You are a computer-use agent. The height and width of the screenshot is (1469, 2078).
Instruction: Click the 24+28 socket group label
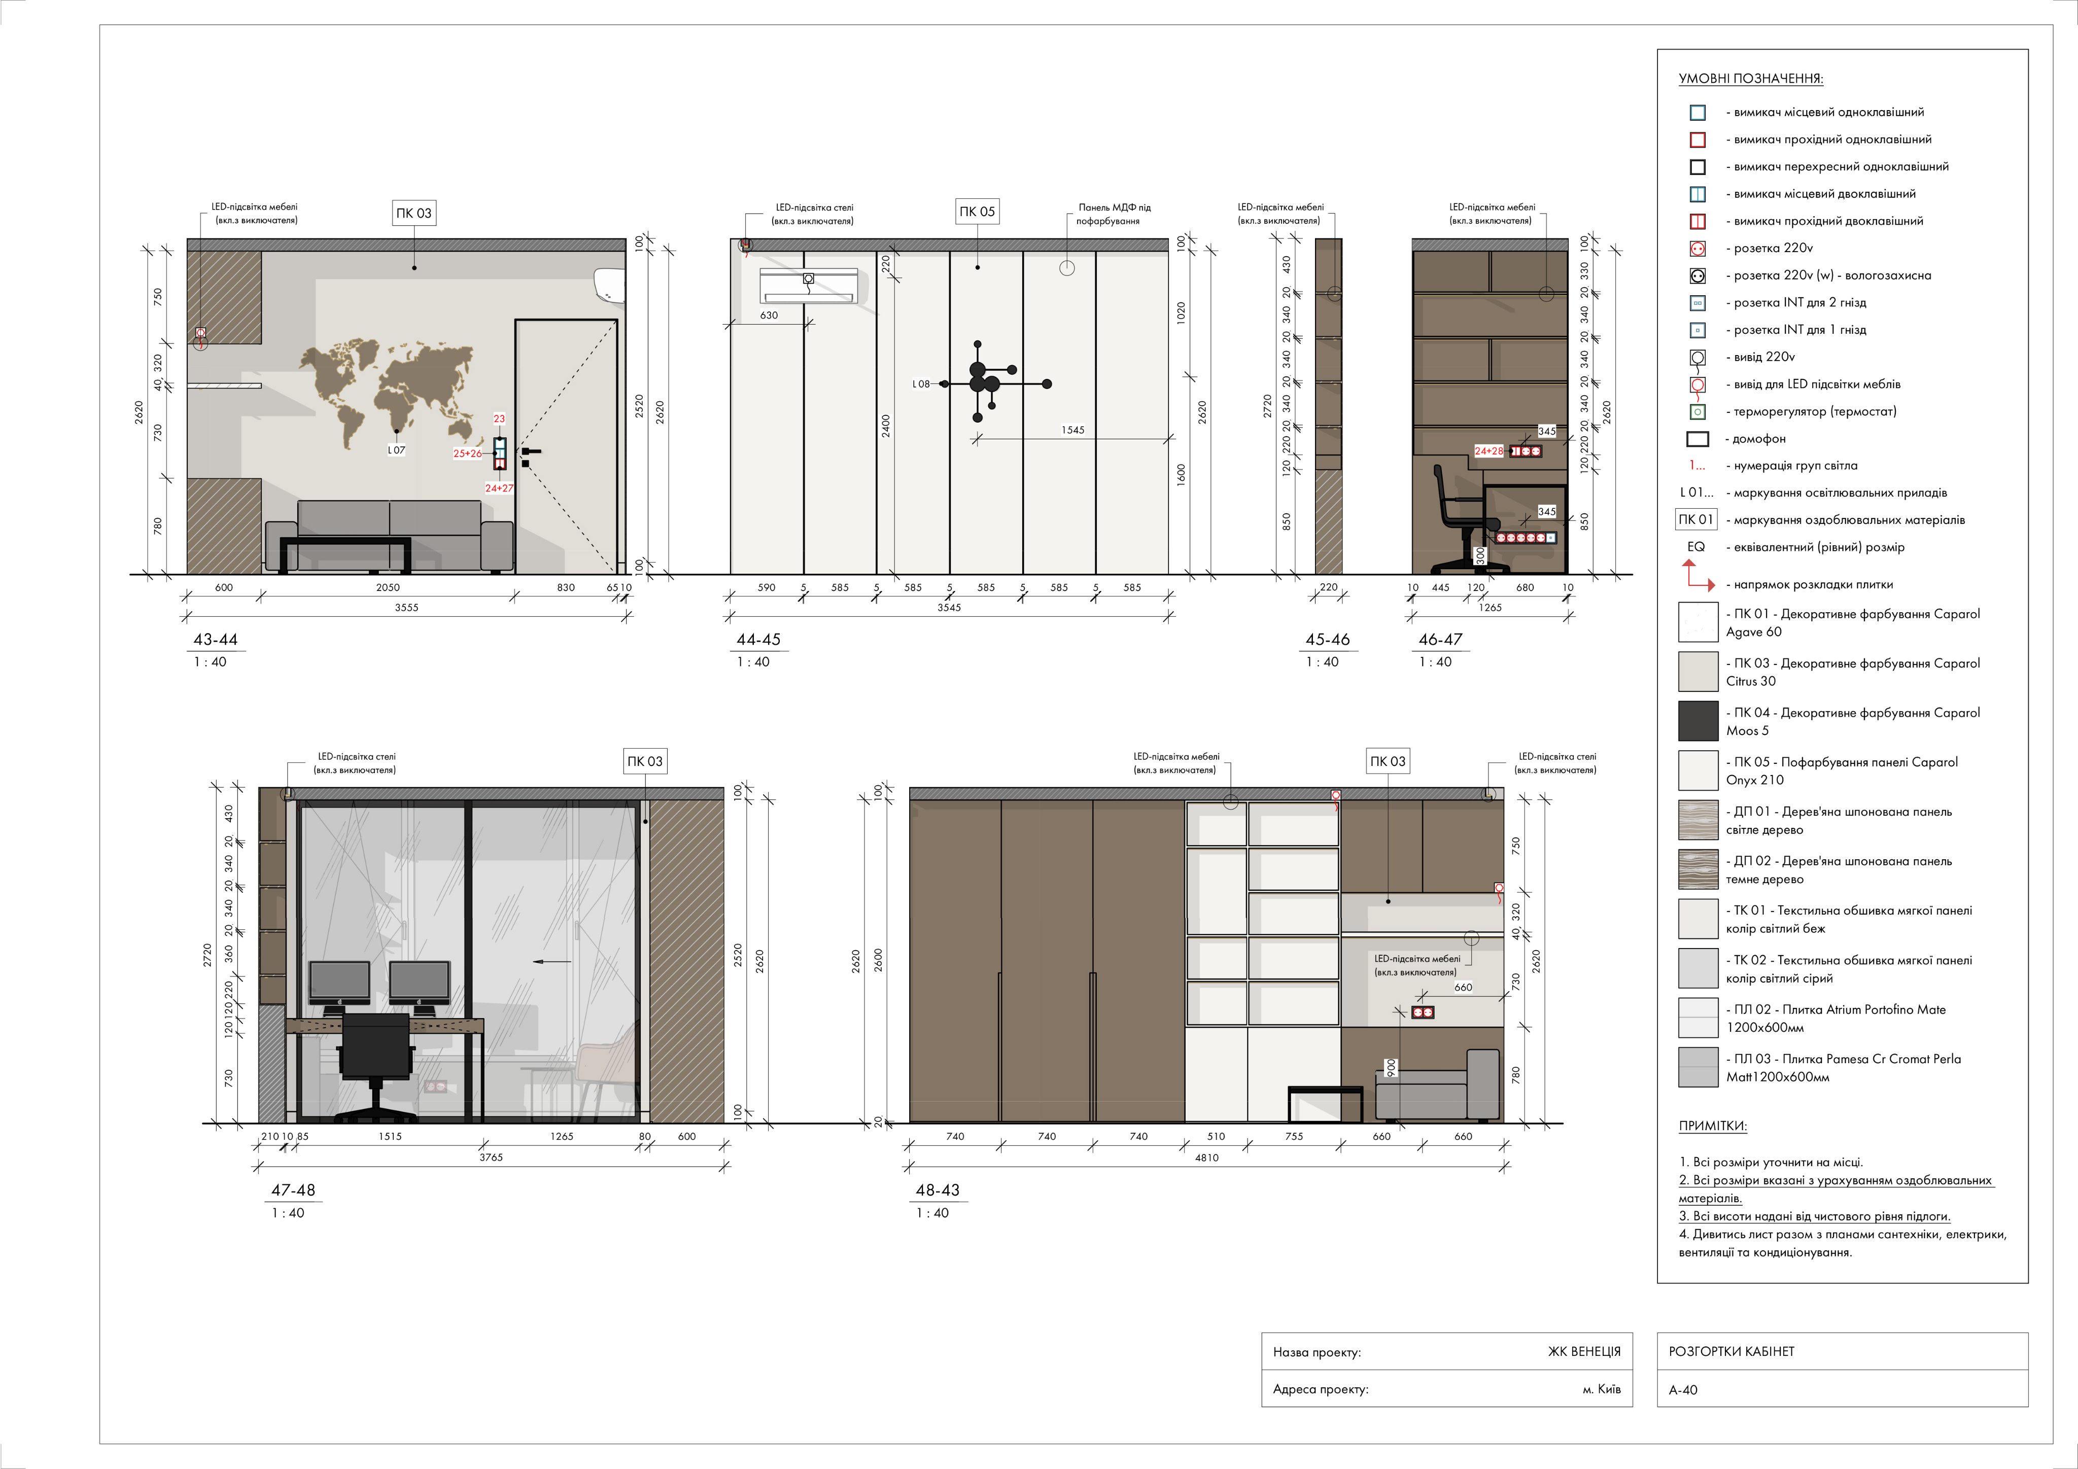point(1489,451)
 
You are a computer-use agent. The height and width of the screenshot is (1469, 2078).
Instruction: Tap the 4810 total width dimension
point(1206,1158)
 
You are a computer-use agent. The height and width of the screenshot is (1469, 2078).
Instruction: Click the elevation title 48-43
point(938,1190)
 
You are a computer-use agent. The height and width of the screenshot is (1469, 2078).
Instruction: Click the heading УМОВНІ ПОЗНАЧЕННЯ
point(1750,79)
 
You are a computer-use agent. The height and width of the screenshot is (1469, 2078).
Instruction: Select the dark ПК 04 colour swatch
point(1698,721)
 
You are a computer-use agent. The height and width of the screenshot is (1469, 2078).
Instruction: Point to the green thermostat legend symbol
point(1698,412)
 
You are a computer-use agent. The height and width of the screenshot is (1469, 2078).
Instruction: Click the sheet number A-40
point(1683,1389)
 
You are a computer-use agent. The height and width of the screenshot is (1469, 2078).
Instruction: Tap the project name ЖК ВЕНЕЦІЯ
point(1584,1351)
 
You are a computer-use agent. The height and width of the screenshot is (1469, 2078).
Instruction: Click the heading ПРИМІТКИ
point(1712,1126)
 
